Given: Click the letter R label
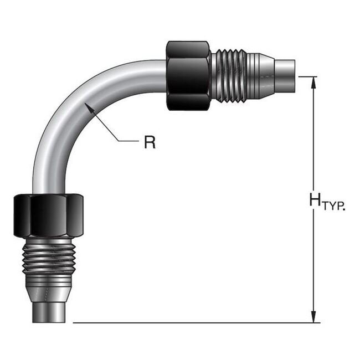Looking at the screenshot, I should tap(150, 142).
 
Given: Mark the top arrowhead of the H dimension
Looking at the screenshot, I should tap(314, 82).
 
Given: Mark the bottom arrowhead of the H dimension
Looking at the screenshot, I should tap(314, 317).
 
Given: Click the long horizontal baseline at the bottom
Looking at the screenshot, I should tap(194, 322).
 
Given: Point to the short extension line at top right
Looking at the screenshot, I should tap(309, 76).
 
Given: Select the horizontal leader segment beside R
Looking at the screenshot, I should tap(128, 141).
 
